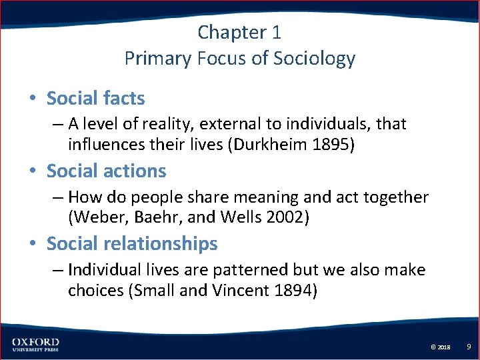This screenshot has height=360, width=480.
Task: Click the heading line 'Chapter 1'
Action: pyautogui.click(x=240, y=31)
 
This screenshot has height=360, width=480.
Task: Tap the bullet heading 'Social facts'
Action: pyautogui.click(x=95, y=99)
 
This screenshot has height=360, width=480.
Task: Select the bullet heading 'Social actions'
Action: pyautogui.click(x=106, y=171)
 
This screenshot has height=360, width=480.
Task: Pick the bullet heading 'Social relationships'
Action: pyautogui.click(x=131, y=244)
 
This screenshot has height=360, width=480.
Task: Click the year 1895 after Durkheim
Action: pyautogui.click(x=331, y=145)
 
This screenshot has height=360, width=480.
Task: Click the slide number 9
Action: pyautogui.click(x=469, y=346)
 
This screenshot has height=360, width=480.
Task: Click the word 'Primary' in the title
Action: pyautogui.click(x=158, y=58)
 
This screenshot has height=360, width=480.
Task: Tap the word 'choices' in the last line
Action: pyautogui.click(x=93, y=291)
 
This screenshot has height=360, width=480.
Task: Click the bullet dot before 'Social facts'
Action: pyautogui.click(x=32, y=99)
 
